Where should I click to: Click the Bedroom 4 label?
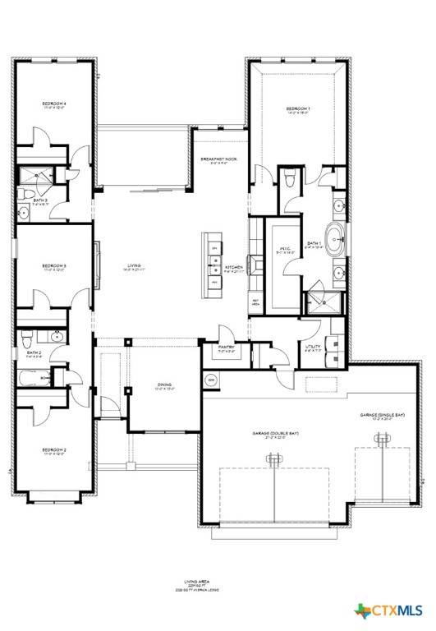pyautogui.click(x=53, y=104)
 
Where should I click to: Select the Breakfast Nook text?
pyautogui.click(x=218, y=160)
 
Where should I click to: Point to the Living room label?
pyautogui.click(x=134, y=265)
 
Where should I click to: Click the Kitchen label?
pyautogui.click(x=234, y=267)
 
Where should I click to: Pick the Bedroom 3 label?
pyautogui.click(x=53, y=266)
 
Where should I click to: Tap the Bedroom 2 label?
pyautogui.click(x=53, y=450)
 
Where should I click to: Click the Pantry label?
pyautogui.click(x=227, y=348)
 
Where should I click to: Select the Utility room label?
pyautogui.click(x=312, y=348)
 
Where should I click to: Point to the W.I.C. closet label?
pyautogui.click(x=285, y=249)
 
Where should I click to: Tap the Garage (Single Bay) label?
pyautogui.click(x=383, y=415)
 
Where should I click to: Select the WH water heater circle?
pyautogui.click(x=210, y=380)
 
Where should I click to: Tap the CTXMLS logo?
pyautogui.click(x=388, y=610)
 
